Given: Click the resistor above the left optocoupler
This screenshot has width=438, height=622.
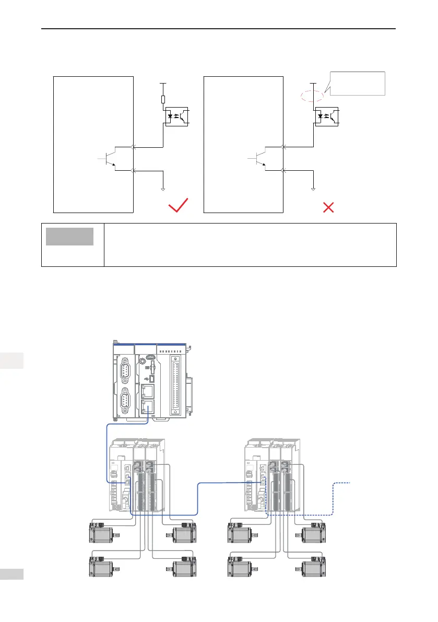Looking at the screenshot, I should pyautogui.click(x=163, y=99).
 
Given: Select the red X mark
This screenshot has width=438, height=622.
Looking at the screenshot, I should pyautogui.click(x=329, y=207).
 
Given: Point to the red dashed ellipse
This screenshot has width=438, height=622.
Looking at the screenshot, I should pyautogui.click(x=312, y=96).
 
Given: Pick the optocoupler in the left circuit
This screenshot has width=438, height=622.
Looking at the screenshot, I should pyautogui.click(x=177, y=115).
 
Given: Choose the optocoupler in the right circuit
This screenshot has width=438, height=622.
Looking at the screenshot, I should pyautogui.click(x=327, y=115).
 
